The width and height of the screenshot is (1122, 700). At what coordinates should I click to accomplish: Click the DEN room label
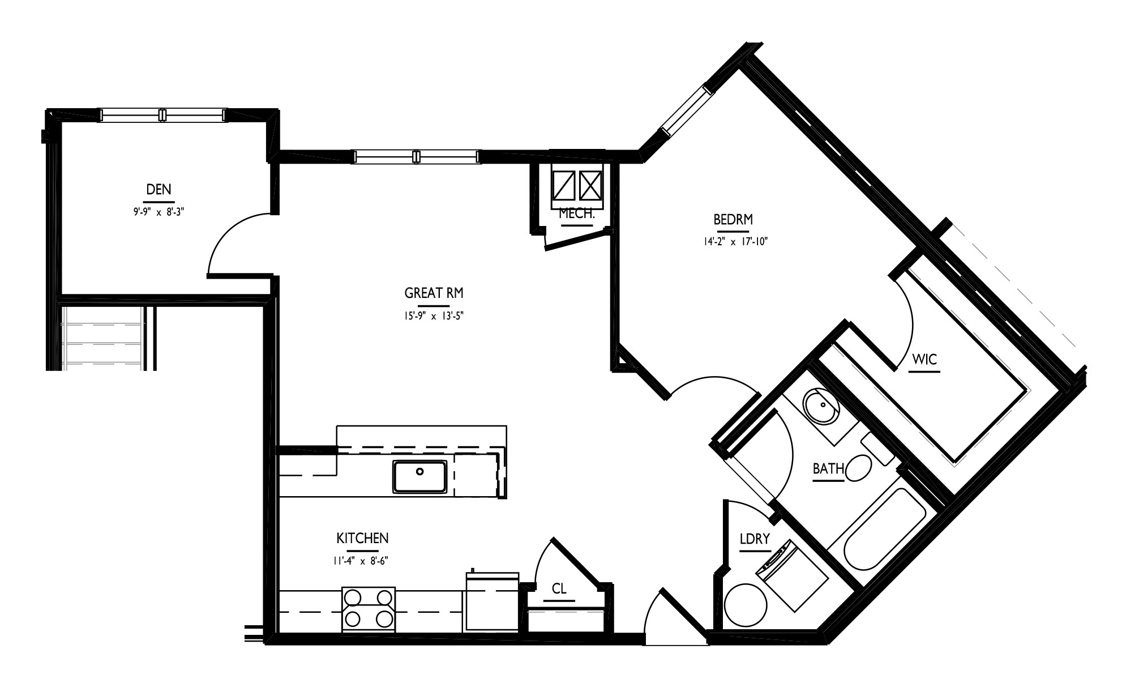click(x=159, y=189)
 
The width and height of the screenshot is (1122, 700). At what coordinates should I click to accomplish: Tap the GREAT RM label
click(x=434, y=293)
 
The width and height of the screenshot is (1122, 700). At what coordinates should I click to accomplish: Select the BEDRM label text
click(x=733, y=219)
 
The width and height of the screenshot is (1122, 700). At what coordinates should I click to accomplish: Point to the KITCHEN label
click(x=362, y=538)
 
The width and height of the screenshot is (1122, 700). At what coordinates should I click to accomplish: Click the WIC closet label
click(x=924, y=359)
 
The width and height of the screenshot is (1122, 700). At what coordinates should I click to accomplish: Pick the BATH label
click(x=829, y=469)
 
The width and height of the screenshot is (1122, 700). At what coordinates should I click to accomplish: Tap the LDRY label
click(x=755, y=539)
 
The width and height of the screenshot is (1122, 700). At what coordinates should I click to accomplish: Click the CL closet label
click(x=559, y=589)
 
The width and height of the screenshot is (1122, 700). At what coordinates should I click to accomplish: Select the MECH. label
click(x=576, y=214)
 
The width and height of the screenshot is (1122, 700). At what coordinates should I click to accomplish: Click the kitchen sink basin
click(x=420, y=477)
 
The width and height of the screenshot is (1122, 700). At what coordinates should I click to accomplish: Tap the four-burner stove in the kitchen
click(x=369, y=609)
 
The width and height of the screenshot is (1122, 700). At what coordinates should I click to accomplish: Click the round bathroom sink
click(x=821, y=406)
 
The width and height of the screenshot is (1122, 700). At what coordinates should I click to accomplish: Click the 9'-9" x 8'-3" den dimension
click(x=156, y=212)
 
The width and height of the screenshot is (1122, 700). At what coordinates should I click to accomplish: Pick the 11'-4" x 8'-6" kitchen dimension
click(x=361, y=561)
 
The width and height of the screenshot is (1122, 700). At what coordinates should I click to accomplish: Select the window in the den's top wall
click(x=163, y=115)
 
